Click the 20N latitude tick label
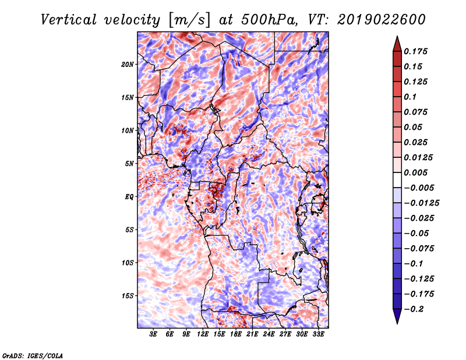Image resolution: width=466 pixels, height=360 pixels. pos(128,65)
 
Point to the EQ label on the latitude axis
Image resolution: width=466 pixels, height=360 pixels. pos(129,197)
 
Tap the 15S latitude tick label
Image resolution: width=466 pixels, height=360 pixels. pos(128,296)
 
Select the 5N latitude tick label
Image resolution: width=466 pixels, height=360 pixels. pos(129,164)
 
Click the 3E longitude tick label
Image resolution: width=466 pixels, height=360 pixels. pos(153,334)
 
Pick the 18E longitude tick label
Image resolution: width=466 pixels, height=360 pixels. pos(236,334)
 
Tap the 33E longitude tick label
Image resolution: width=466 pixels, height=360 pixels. pos(318,334)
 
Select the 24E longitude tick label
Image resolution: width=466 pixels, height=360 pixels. pos(269,334)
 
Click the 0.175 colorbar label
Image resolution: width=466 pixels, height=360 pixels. pos(415,51)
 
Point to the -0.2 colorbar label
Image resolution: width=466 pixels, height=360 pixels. pos(414,309)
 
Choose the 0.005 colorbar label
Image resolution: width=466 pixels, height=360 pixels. pos(415,172)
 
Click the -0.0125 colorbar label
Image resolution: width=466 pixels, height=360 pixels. pos(421,203)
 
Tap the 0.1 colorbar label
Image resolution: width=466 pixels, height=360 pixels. pos(410,97)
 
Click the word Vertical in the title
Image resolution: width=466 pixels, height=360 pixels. pos(69,20)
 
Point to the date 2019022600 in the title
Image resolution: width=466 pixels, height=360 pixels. pos(382,20)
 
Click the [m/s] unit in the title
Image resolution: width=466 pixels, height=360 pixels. pos(189,20)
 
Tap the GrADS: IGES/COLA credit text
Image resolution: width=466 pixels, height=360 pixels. pos(33,356)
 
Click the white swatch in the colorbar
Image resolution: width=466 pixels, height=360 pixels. pos(397,180)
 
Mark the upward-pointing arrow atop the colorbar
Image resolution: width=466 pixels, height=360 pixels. pos(397,44)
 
